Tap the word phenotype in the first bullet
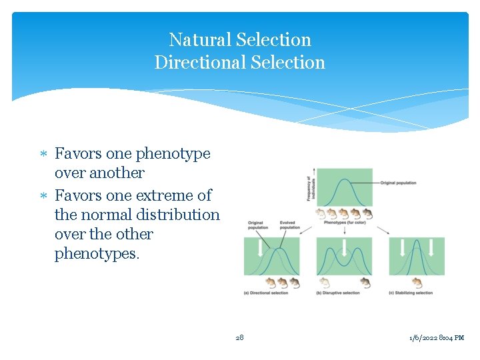pyautogui.click(x=173, y=154)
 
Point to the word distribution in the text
pyautogui.click(x=177, y=215)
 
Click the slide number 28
pyautogui.click(x=240, y=337)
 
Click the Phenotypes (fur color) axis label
pyautogui.click(x=344, y=223)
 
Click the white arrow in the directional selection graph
pyautogui.click(x=260, y=248)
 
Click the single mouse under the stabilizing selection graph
pyautogui.click(x=417, y=282)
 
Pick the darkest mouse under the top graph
pyautogui.click(x=367, y=214)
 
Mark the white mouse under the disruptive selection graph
pyautogui.click(x=325, y=282)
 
